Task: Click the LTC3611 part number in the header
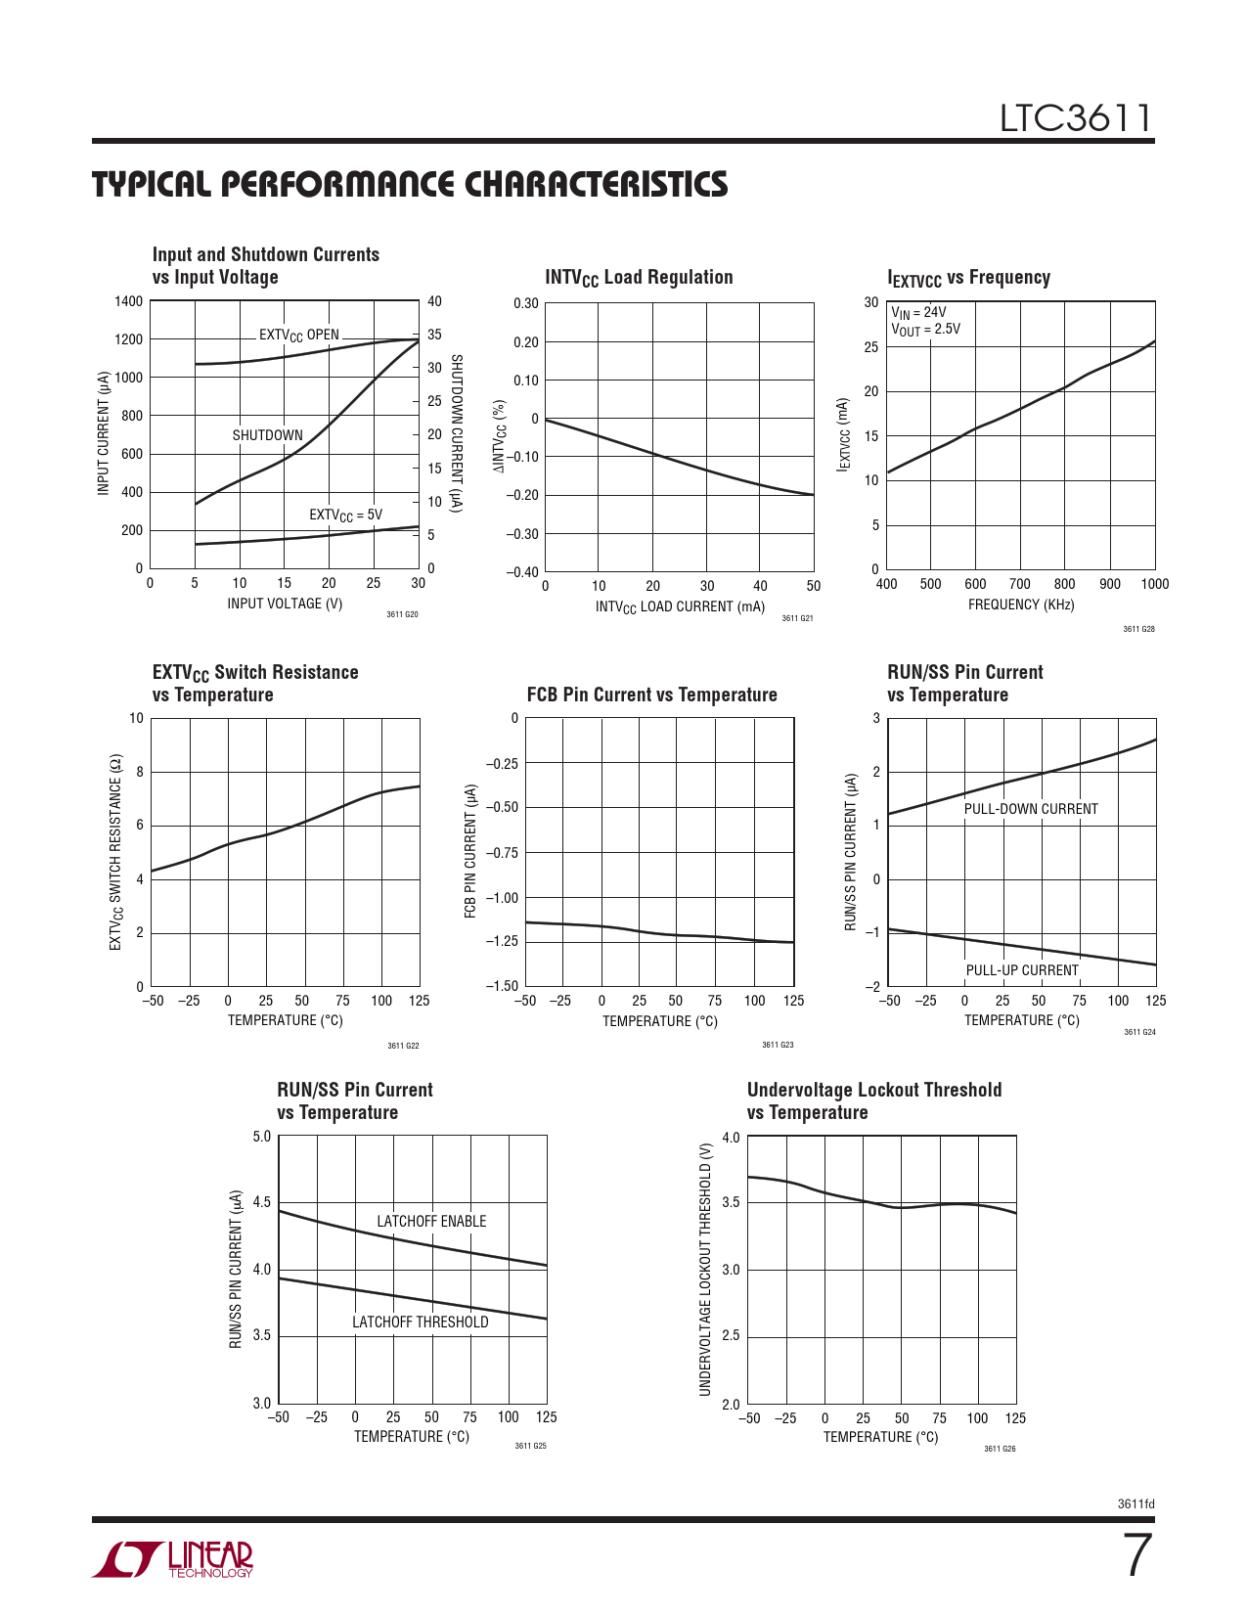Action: pos(1075,118)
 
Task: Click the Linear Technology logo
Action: pos(173,1560)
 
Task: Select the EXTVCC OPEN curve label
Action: pos(298,335)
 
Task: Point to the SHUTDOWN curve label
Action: pos(267,435)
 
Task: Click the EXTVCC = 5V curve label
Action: pos(345,515)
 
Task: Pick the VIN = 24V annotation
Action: pos(918,313)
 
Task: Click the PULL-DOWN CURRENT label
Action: pos(1031,809)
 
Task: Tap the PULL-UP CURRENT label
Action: pos(1022,970)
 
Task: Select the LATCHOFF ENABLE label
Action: pos(431,1221)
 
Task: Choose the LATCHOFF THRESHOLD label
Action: pos(420,1322)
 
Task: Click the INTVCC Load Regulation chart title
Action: pos(639,278)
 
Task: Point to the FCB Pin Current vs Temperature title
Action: pos(651,695)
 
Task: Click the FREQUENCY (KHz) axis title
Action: pos(1021,605)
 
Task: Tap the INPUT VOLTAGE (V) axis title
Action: pos(285,604)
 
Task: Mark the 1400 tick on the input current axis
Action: pos(128,301)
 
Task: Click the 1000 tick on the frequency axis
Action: pos(1154,584)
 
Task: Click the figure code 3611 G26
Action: pos(1000,1449)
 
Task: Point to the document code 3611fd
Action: pos(1136,1504)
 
